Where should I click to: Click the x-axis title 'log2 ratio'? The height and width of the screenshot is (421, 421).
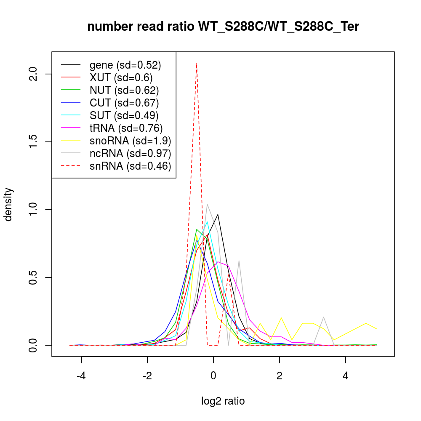pyautogui.click(x=223, y=401)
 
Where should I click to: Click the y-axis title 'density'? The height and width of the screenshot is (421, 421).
pyautogui.click(x=8, y=204)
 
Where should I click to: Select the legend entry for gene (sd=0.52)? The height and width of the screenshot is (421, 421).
pyautogui.click(x=125, y=65)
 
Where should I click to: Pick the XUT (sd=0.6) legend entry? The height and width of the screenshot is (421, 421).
pyautogui.click(x=121, y=77)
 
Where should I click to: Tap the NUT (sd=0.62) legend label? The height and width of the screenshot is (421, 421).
pyautogui.click(x=124, y=90)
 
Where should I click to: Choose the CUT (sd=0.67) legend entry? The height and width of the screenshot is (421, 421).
pyautogui.click(x=124, y=103)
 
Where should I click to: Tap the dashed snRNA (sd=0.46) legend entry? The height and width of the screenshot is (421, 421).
pyautogui.click(x=130, y=166)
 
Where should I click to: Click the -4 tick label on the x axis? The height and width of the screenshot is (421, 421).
pyautogui.click(x=81, y=376)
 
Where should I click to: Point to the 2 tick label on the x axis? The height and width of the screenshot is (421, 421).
pyautogui.click(x=280, y=376)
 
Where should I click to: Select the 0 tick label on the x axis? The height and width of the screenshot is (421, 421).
pyautogui.click(x=213, y=376)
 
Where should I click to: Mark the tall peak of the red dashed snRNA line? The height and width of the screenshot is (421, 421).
pyautogui.click(x=197, y=64)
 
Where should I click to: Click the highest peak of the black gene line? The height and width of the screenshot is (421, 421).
pyautogui.click(x=218, y=214)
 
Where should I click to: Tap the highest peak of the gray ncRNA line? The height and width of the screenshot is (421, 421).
pyautogui.click(x=207, y=204)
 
